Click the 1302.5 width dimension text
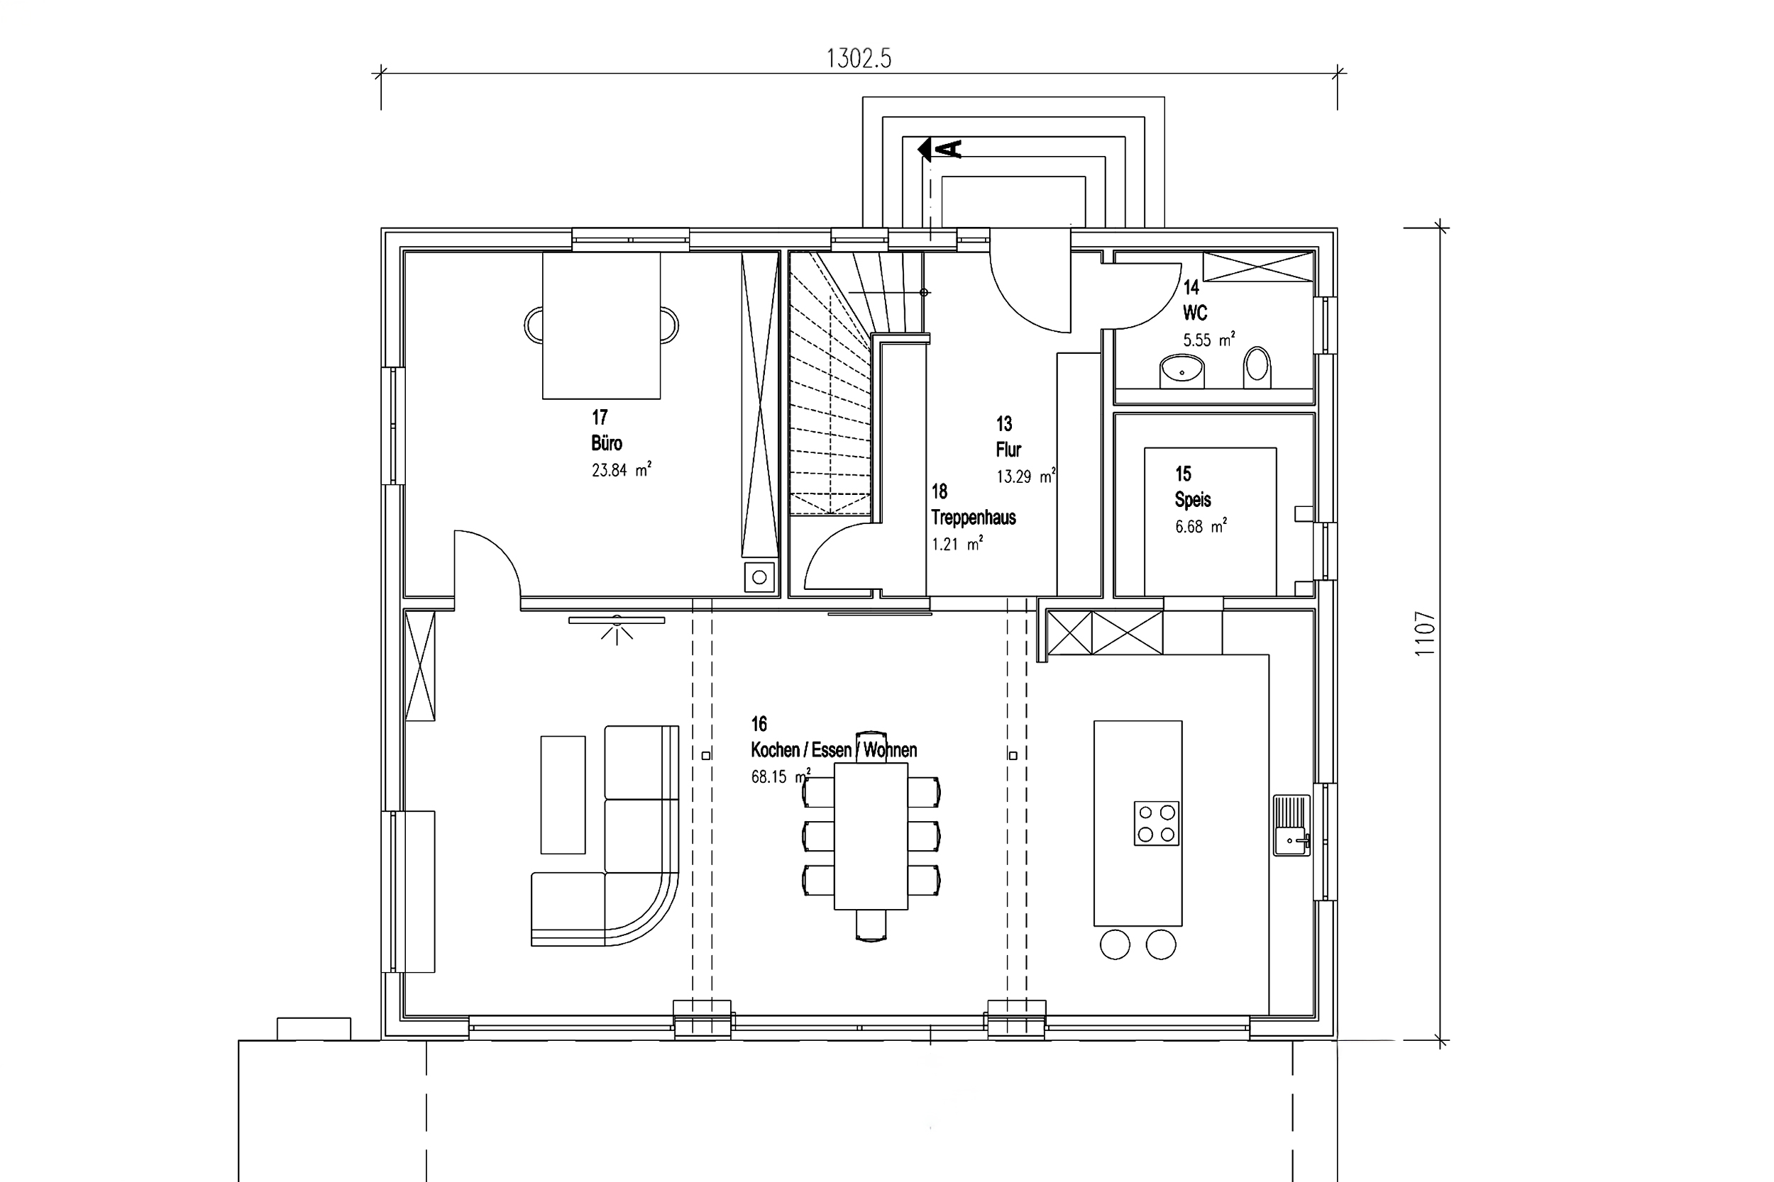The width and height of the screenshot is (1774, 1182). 859,58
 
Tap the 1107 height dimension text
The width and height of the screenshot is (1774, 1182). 1425,633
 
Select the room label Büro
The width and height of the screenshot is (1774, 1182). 607,442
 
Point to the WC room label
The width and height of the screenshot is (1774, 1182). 1195,312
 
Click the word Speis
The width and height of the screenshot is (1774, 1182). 1192,499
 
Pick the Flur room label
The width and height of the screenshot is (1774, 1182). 1008,450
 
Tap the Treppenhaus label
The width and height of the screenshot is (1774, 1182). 973,517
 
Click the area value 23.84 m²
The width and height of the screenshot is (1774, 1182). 622,469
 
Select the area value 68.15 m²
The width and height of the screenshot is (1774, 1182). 781,776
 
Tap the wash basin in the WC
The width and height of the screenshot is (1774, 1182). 1181,370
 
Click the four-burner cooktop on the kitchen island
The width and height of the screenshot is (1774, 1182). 1156,823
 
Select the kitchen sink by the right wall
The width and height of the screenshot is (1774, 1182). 1292,825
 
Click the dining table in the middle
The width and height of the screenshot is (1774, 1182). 871,837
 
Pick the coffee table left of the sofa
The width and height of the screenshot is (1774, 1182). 563,795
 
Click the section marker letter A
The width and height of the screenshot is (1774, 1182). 952,150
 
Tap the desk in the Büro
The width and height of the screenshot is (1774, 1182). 601,325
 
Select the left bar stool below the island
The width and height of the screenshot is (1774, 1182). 1115,944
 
